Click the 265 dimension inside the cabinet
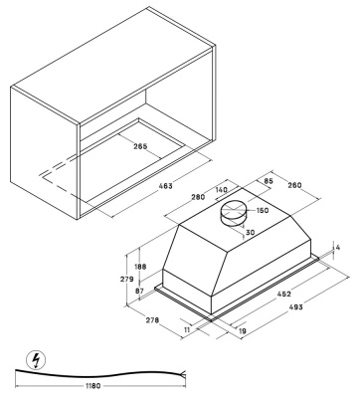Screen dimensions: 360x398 [140, 146]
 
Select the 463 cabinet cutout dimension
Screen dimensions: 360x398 [166, 186]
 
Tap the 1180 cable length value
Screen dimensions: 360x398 [92, 386]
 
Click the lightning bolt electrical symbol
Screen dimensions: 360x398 [36, 360]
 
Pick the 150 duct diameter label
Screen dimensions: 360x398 [263, 210]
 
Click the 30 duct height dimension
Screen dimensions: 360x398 [251, 233]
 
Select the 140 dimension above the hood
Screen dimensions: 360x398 [222, 190]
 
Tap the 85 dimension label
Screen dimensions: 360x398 [269, 181]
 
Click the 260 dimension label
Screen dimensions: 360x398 [295, 185]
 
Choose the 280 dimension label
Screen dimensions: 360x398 [198, 197]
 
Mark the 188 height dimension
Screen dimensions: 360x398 [140, 267]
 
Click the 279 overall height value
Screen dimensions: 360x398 [127, 280]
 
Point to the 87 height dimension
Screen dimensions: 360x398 [139, 292]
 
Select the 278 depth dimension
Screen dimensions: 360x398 [152, 320]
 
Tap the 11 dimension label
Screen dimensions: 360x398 [187, 329]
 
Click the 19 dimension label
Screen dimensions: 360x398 [243, 330]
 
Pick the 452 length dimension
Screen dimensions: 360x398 [284, 294]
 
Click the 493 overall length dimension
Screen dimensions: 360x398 [296, 307]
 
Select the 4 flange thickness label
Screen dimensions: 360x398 [338, 248]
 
